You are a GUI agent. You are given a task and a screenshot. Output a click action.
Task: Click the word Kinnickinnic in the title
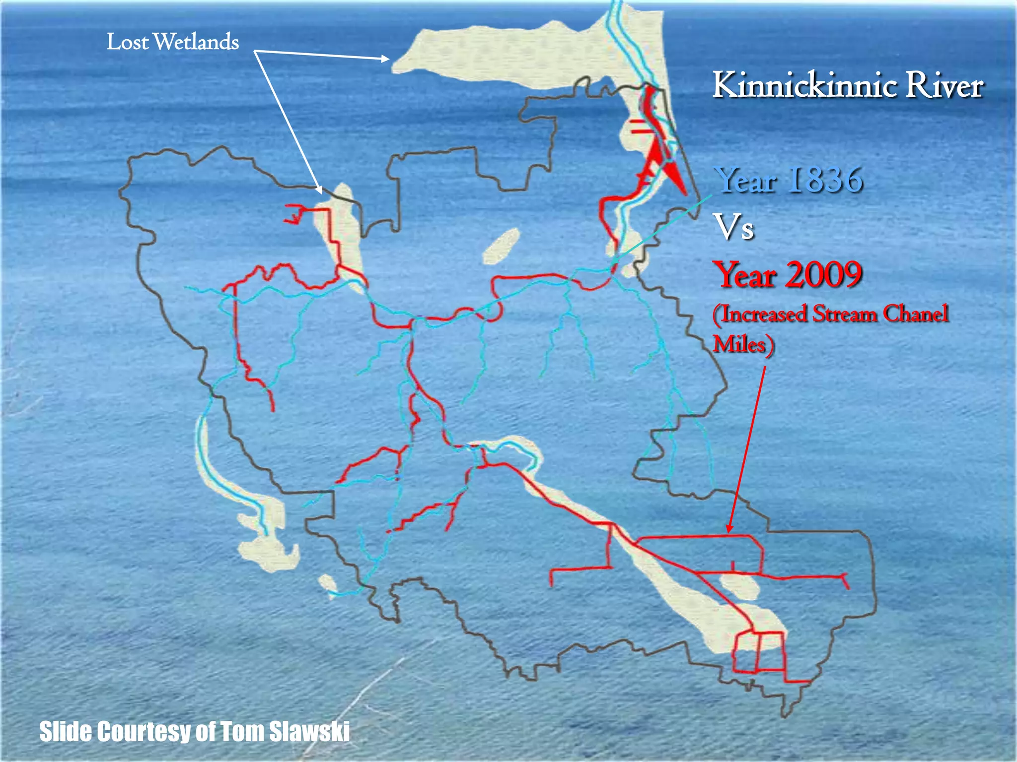tap(804, 86)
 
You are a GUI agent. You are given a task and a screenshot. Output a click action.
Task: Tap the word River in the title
tap(944, 86)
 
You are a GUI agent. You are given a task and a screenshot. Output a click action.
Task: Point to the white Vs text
tap(733, 227)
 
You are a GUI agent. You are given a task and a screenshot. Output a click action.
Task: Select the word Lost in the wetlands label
tap(128, 42)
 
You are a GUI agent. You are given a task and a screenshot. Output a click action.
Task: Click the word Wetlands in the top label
tap(196, 42)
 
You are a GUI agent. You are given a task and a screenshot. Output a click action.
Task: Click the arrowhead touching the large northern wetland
tap(385, 59)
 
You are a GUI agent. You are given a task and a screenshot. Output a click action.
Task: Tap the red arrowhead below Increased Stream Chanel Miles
tap(729, 528)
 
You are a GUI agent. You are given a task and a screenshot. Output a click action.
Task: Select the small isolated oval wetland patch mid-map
tap(501, 246)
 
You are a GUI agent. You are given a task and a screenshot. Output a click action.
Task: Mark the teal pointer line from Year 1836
tap(660, 228)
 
